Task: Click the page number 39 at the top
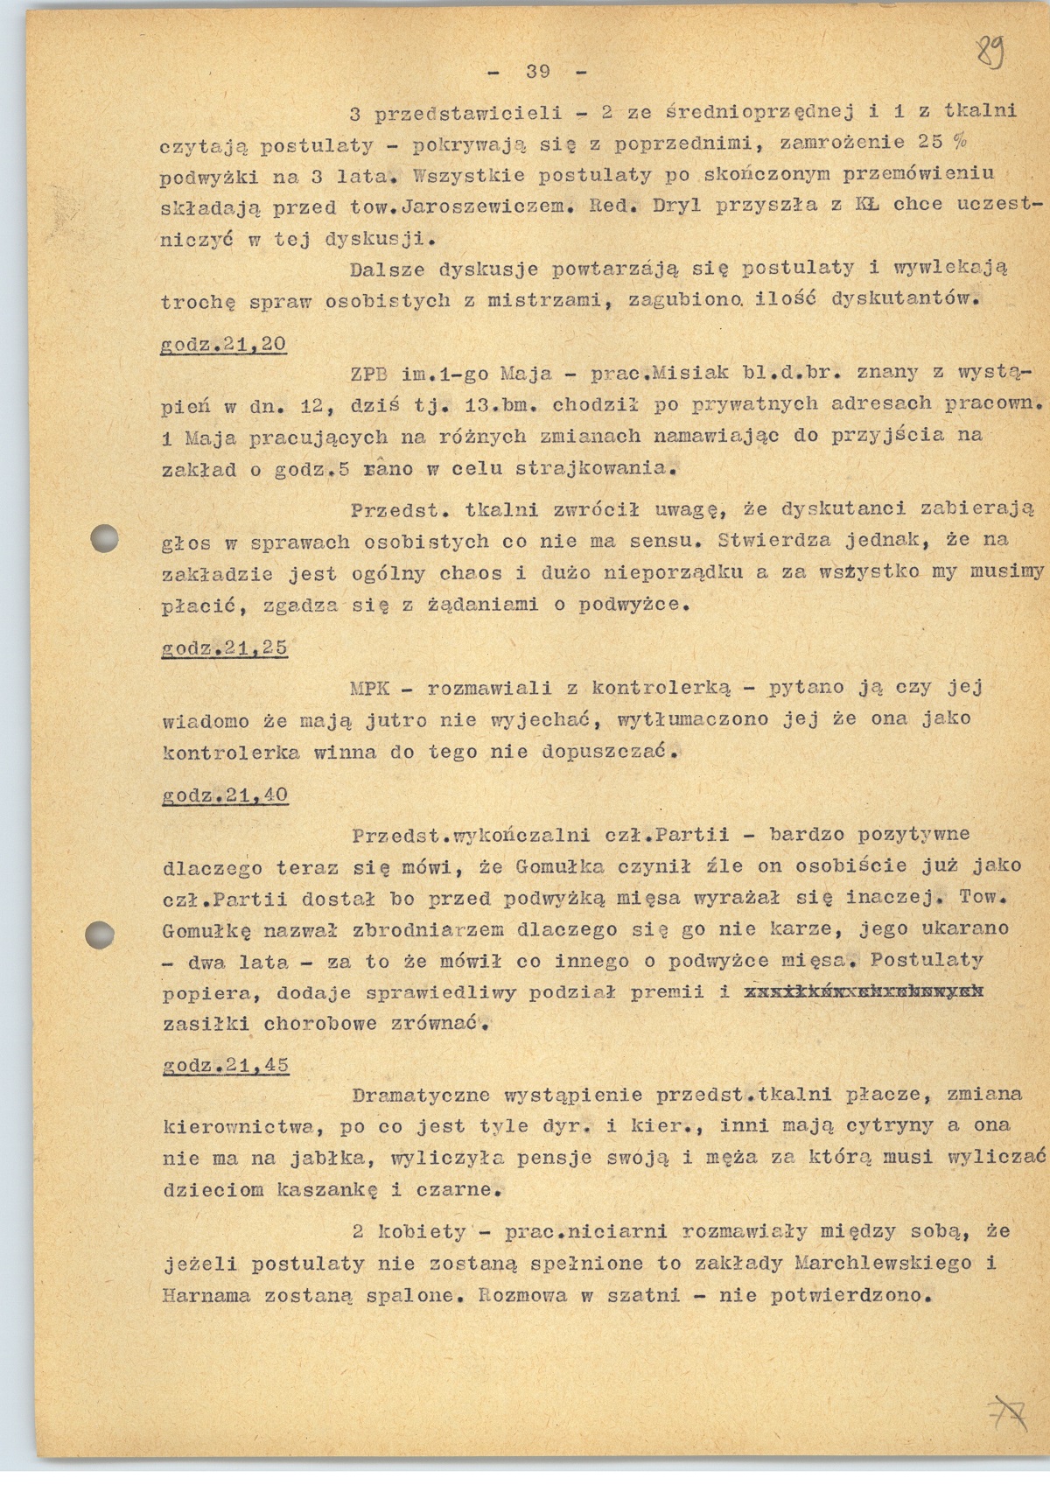(x=536, y=71)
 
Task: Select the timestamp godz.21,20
(x=224, y=344)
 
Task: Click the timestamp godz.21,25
(x=225, y=648)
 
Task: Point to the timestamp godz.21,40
(x=225, y=795)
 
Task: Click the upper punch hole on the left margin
(x=104, y=537)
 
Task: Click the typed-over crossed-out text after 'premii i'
(x=863, y=991)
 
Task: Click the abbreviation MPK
(x=369, y=687)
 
